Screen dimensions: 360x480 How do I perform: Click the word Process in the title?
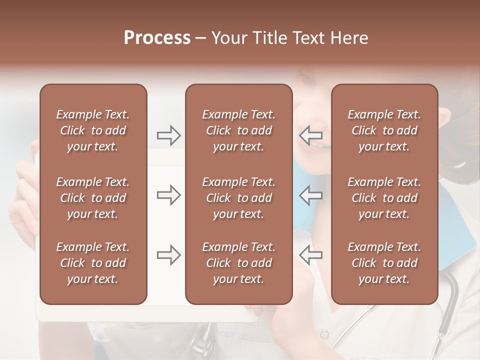(x=157, y=38)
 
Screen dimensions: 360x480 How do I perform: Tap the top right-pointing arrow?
(x=168, y=135)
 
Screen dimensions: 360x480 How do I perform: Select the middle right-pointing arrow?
(x=168, y=195)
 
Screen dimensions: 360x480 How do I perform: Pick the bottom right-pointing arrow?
(x=168, y=255)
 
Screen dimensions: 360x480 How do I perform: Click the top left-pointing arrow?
(x=311, y=135)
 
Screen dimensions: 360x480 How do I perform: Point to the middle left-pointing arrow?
(x=311, y=195)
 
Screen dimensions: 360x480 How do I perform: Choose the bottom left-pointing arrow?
(x=311, y=255)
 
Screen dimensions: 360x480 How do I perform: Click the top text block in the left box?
(x=93, y=130)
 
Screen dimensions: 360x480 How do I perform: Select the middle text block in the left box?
(x=93, y=198)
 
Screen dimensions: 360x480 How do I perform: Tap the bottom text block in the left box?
(x=93, y=263)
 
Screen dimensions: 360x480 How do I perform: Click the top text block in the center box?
(x=238, y=130)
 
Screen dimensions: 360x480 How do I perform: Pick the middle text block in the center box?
(x=238, y=198)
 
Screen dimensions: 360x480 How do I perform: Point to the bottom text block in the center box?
(x=238, y=263)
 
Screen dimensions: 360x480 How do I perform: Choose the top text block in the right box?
(x=384, y=130)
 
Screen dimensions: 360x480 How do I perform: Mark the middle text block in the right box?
(x=384, y=198)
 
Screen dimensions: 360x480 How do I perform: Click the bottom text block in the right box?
(x=384, y=263)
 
